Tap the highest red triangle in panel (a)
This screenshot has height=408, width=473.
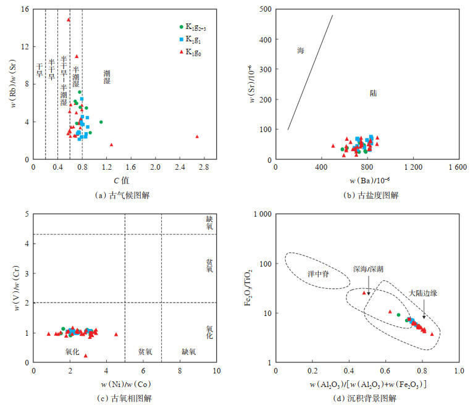coord(69,20)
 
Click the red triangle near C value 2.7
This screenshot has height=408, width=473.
coord(197,136)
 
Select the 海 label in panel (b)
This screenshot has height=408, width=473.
coord(301,51)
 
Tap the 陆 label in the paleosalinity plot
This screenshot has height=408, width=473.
coord(374,94)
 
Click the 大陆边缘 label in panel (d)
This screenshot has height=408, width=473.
coord(424,293)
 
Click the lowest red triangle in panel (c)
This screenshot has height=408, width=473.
coord(86,356)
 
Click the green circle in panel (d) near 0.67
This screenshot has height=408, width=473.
coord(398,315)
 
